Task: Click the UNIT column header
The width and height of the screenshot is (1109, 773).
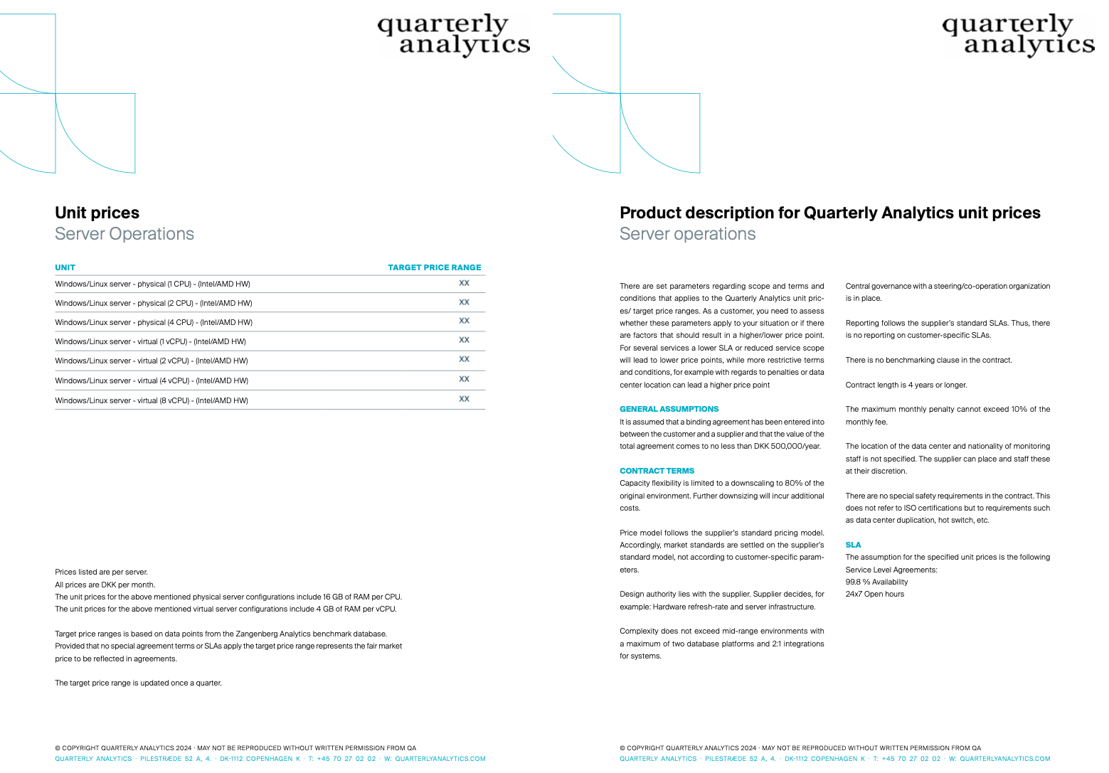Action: tap(65, 267)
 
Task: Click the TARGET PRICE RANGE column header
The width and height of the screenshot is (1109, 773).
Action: tap(434, 267)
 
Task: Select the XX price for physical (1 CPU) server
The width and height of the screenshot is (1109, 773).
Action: tap(464, 283)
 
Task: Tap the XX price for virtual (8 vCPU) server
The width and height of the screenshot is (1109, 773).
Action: tap(464, 399)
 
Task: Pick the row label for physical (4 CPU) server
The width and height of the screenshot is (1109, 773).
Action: tap(154, 322)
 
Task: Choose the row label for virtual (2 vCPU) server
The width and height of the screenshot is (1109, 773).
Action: tap(152, 361)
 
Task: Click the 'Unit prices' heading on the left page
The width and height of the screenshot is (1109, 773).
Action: tap(97, 213)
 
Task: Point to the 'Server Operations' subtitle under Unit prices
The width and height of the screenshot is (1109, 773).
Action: tap(124, 234)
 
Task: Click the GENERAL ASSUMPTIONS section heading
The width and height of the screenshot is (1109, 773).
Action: tap(669, 409)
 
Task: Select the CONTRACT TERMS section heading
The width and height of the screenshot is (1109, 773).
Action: tap(657, 471)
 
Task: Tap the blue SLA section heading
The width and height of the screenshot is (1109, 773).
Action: tap(853, 545)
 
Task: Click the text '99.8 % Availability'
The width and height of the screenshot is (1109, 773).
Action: tap(876, 582)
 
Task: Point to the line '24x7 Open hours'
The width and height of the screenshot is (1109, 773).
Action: tap(874, 594)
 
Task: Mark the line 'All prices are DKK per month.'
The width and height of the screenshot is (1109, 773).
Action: tap(105, 585)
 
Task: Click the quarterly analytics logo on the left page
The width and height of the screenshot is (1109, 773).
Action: tap(454, 34)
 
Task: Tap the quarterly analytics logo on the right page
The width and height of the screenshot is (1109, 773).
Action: tap(1018, 34)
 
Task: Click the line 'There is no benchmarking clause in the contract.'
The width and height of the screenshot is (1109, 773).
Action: tap(928, 360)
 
